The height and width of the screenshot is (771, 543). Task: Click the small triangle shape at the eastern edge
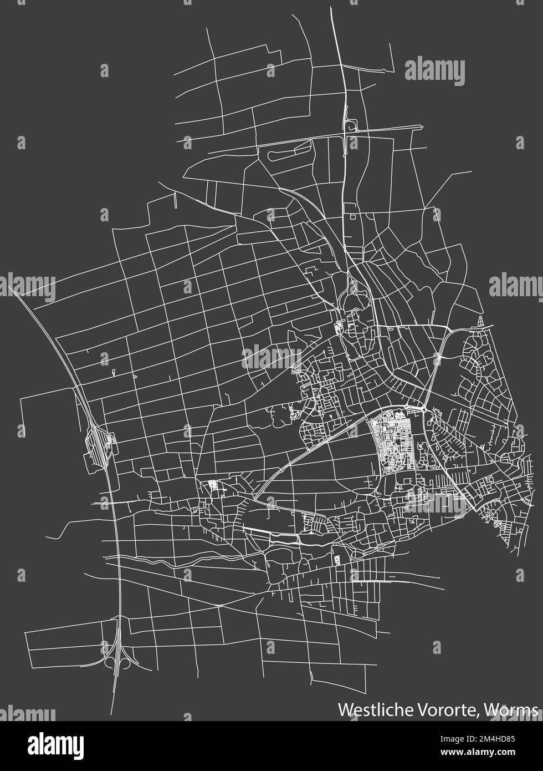coord(480,321)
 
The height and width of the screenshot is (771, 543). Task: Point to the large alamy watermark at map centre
coord(271,356)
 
